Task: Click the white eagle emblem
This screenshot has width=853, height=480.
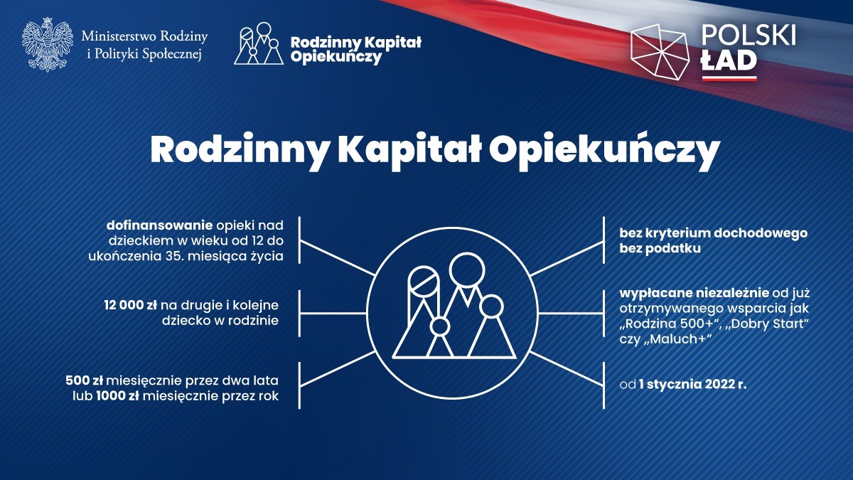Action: [x=48, y=45]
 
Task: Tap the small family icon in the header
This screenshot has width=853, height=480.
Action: [x=259, y=43]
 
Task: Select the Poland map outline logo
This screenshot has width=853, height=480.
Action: [x=660, y=52]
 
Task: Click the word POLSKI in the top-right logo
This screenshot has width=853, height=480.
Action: [x=749, y=36]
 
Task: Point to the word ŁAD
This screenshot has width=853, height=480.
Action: [x=729, y=60]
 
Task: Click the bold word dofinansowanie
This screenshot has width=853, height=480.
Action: [x=159, y=225]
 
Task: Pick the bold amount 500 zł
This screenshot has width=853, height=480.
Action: [x=85, y=380]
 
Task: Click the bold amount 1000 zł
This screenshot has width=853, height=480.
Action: [x=117, y=396]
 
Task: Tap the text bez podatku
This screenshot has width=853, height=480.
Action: [x=660, y=248]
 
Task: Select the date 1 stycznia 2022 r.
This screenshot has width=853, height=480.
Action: [x=693, y=384]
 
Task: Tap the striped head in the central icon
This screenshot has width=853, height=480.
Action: [x=424, y=282]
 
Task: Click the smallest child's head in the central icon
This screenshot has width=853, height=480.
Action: [x=440, y=326]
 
